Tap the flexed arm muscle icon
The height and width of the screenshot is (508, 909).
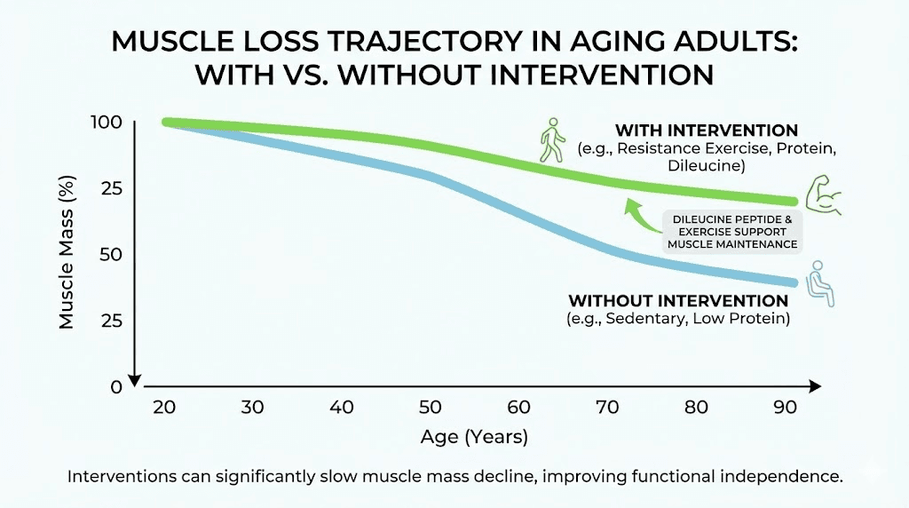823,195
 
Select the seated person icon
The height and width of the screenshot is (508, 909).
820,283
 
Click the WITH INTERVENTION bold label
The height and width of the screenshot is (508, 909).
707,131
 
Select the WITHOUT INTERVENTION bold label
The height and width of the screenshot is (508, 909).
678,301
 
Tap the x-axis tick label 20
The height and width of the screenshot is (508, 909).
165,408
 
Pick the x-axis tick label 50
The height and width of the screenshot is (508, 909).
431,408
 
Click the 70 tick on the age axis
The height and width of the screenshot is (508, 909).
608,408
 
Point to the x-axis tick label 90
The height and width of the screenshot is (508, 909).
786,408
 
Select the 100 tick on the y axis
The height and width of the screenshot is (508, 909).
106,123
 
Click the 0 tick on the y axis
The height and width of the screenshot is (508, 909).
116,386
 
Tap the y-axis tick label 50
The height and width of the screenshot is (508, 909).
110,255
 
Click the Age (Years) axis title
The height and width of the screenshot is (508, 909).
474,437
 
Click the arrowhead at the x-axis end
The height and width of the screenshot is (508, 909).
814,386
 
